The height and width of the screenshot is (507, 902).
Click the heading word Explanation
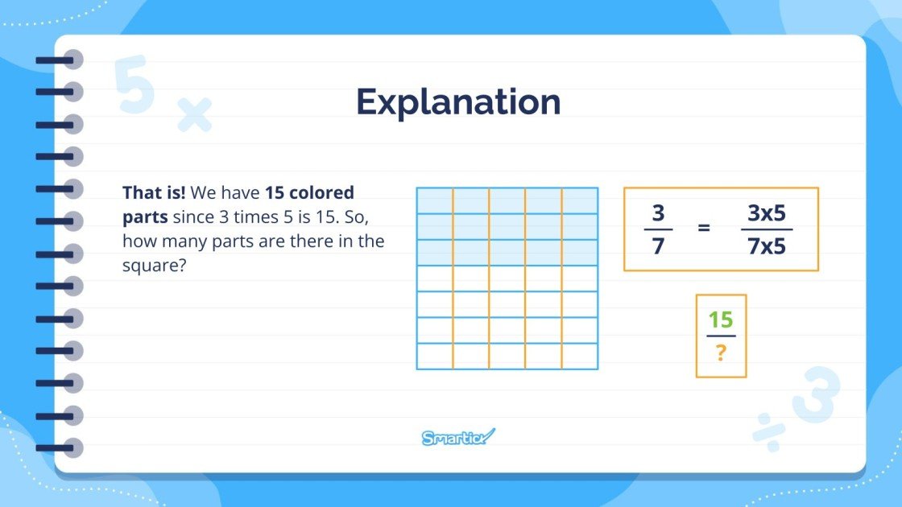pos(458,102)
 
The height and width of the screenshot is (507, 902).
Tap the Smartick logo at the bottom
pos(458,438)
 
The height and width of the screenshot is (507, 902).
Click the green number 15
pos(721,320)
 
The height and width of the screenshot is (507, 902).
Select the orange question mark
pos(721,352)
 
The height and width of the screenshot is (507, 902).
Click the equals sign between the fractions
pos(704,228)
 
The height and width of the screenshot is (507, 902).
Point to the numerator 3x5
pos(766,214)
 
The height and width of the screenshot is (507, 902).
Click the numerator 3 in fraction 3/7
pos(658,214)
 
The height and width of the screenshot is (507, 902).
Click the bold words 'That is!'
pos(154,193)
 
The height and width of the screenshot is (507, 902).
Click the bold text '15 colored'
pos(309,193)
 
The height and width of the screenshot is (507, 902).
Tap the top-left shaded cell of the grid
pos(434,200)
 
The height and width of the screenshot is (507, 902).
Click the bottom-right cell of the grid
pos(580,356)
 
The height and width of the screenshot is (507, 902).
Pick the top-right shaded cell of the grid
pos(580,200)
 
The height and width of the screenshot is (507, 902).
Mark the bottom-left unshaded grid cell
pos(434,356)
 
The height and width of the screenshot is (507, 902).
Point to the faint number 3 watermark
pos(815,394)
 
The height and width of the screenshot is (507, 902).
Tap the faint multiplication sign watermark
pos(194,115)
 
